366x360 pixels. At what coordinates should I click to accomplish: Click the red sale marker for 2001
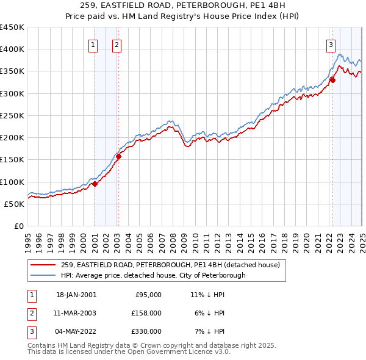pos(95,184)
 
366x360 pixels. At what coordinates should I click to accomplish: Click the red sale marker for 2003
pos(119,156)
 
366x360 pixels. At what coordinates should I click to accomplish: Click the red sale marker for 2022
pos(332,79)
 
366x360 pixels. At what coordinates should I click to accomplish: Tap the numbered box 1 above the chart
pos(93,44)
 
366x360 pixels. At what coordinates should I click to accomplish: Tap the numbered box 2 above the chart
pos(116,44)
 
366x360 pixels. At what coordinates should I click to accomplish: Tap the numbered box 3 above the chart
pos(330,44)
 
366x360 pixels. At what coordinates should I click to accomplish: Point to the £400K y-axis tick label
pos(12,49)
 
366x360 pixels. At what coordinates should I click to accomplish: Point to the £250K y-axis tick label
pos(12,115)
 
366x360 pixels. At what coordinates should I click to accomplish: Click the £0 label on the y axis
pos(18,226)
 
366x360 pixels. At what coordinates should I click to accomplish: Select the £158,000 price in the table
pos(147,313)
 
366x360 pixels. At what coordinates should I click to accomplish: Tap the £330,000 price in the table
pos(147,331)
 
